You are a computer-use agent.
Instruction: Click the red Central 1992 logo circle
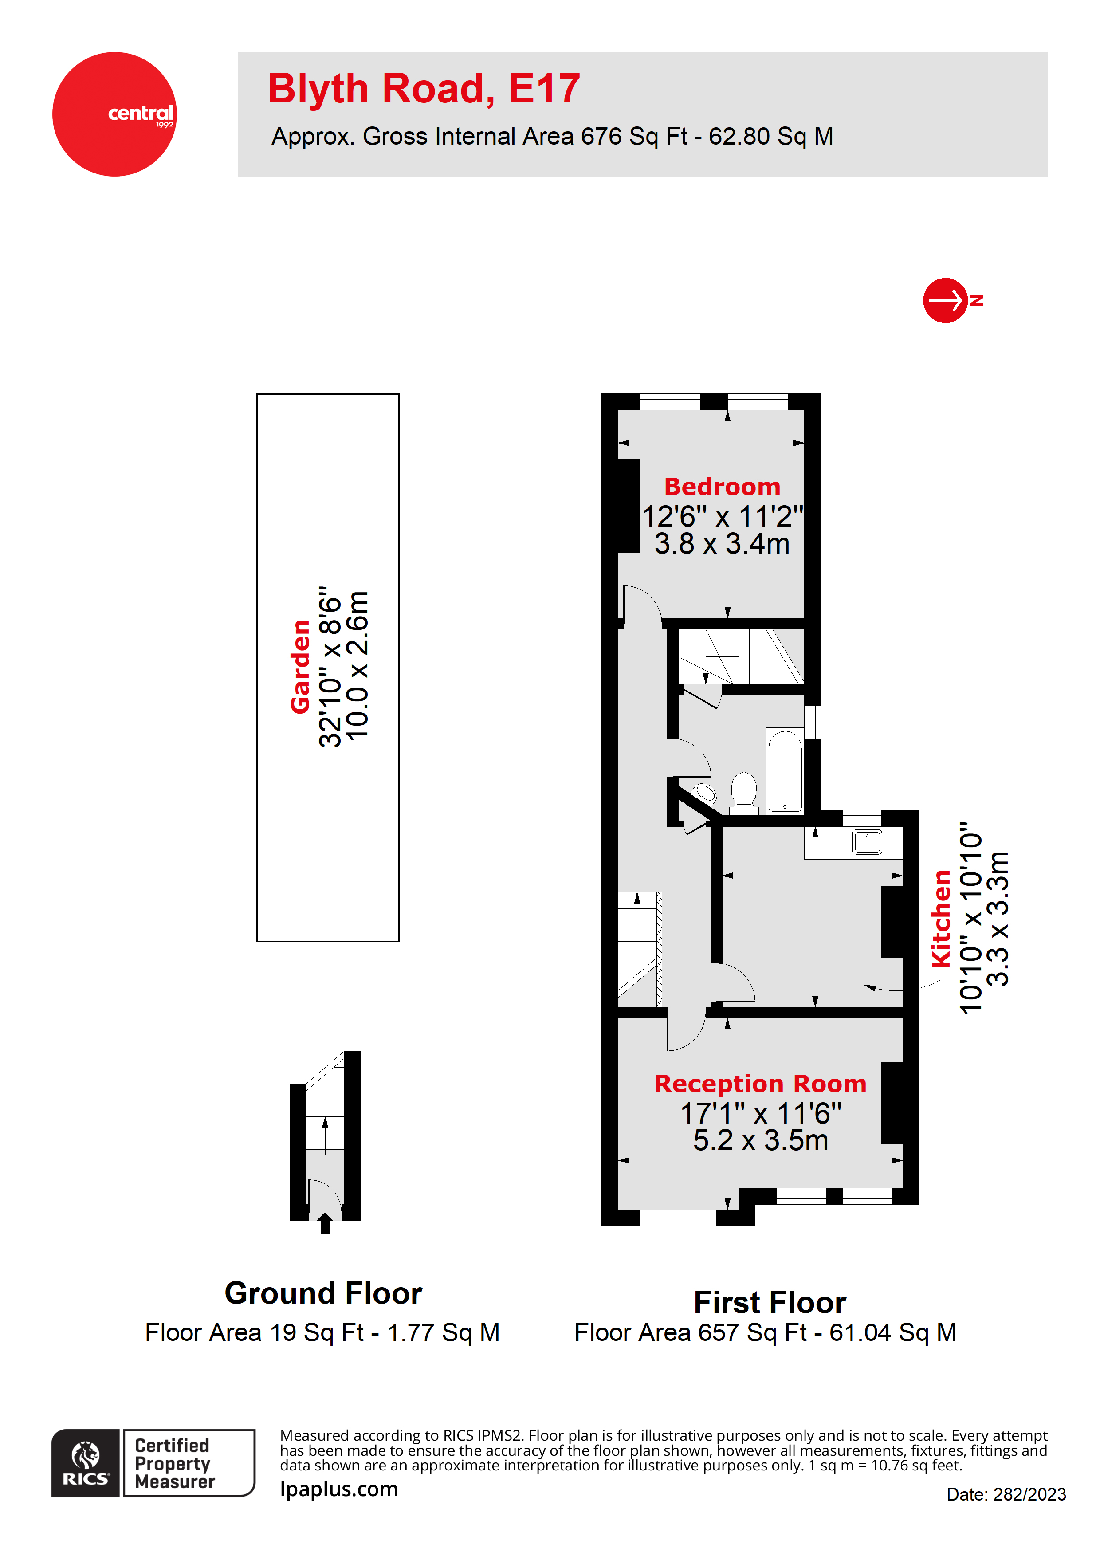click(x=114, y=114)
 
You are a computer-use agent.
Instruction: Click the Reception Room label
click(x=760, y=1084)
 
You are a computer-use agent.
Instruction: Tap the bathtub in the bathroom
click(x=785, y=771)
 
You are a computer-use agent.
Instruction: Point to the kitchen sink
click(x=867, y=842)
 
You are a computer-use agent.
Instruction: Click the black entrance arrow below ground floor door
click(x=325, y=1223)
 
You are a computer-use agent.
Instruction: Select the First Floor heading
click(x=770, y=1303)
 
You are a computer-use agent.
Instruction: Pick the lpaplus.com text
click(x=339, y=1489)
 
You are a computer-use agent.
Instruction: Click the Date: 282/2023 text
click(x=1006, y=1494)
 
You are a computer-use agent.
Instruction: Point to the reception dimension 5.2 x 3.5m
click(x=760, y=1140)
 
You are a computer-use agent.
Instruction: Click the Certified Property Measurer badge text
click(x=174, y=1463)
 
